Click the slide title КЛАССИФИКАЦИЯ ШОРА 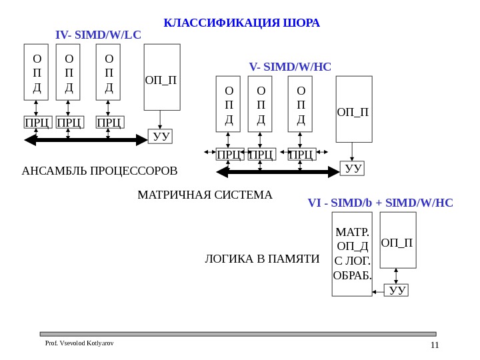[x=241, y=23]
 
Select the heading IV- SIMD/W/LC [x=98, y=35]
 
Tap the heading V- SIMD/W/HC [x=290, y=67]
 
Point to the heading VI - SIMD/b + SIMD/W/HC [x=380, y=203]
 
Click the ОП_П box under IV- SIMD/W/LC [x=162, y=77]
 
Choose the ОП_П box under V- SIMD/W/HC [x=354, y=109]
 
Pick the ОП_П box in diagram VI [x=398, y=240]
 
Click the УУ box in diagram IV [x=160, y=136]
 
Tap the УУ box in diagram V [x=352, y=168]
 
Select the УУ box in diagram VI [x=396, y=290]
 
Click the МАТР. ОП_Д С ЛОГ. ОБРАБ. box [x=352, y=254]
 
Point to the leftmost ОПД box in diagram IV [x=36, y=72]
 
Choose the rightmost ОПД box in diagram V [x=300, y=104]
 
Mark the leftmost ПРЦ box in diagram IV [x=38, y=123]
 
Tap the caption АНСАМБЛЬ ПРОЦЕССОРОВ [x=99, y=171]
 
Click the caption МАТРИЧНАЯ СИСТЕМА [x=205, y=195]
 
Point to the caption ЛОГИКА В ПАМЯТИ [x=262, y=259]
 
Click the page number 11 [x=435, y=345]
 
